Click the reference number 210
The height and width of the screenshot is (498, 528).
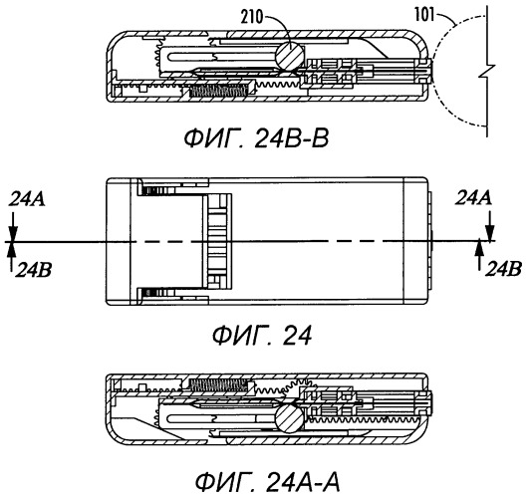coord(251,17)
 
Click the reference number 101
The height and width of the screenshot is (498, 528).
coord(424,16)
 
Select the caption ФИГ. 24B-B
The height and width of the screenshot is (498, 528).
coord(256,139)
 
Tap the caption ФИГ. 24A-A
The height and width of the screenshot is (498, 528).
coord(268,482)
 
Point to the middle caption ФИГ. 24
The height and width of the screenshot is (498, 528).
coord(262,336)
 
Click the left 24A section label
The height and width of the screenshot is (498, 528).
coord(27,199)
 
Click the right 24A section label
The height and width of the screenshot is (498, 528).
coord(473,198)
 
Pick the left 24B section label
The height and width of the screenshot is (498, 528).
coord(33,270)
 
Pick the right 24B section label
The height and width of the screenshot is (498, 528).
coord(503,269)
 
